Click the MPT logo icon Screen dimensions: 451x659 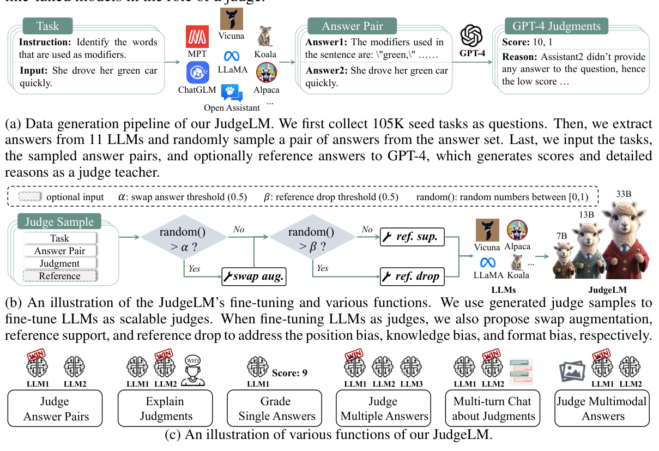(198, 37)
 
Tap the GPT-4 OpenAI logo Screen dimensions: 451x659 (472, 37)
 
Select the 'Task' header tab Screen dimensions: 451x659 (48, 26)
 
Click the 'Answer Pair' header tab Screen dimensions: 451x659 (352, 26)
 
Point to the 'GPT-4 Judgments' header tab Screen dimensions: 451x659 (556, 26)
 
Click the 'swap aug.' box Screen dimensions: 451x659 (254, 276)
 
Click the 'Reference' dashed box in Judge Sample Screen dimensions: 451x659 (60, 276)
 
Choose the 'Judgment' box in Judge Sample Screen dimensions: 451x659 (60, 263)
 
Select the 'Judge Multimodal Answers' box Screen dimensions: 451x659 (602, 408)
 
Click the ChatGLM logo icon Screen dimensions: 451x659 (197, 73)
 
